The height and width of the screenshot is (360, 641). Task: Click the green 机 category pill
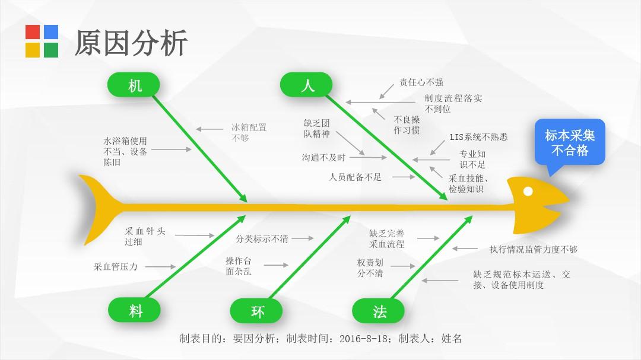pos(134,85)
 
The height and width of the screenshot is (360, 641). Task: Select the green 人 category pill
pos(306,85)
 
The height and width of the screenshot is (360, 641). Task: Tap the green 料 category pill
pos(134,310)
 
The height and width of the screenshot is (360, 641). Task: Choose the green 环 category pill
pos(256,311)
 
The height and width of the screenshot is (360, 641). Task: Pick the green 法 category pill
pos(378,311)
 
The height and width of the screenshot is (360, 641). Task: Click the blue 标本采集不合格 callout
pos(570,142)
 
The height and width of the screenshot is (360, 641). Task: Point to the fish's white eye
pos(528,191)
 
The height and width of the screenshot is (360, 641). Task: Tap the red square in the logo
pos(33,32)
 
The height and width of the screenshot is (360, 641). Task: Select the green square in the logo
pos(51,50)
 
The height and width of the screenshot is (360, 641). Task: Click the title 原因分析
pos(131,43)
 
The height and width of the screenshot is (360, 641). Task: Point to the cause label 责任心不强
pos(421,82)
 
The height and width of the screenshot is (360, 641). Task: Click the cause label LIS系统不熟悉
pos(479,137)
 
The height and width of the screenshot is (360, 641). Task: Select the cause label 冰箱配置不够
pos(249,132)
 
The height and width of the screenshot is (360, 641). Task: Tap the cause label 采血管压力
pos(116,267)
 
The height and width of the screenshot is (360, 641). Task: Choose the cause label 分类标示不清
pos(262,238)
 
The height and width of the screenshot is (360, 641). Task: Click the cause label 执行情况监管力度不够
pos(534,249)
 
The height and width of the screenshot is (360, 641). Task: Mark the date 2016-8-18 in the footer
pos(363,338)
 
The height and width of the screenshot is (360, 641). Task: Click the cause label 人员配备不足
pos(356,177)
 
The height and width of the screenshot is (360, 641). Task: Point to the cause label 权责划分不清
pos(370,267)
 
